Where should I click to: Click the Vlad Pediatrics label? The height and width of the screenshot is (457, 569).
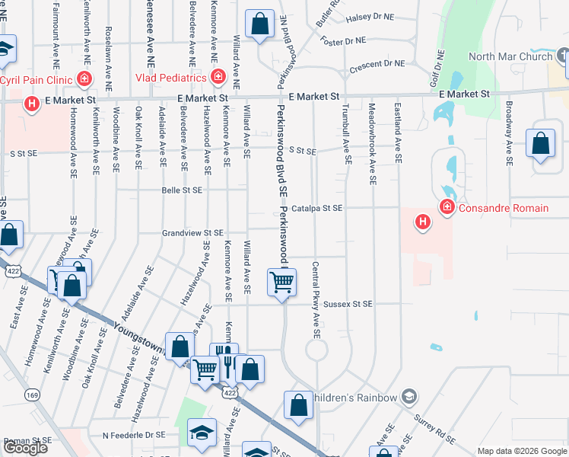point(171,78)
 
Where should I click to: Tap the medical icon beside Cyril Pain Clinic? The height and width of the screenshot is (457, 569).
point(84,79)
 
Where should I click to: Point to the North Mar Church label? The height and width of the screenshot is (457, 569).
point(510,56)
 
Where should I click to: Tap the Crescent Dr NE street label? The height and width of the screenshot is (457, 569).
point(377,67)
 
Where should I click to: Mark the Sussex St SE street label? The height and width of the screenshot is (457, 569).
point(348,304)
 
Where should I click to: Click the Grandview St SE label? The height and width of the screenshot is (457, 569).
point(192,233)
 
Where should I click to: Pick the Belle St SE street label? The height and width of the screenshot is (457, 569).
point(182,190)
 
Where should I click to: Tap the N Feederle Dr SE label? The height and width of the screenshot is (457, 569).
point(133,434)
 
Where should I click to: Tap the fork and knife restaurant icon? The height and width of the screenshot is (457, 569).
point(224,356)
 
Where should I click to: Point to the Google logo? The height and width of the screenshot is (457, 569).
point(24,448)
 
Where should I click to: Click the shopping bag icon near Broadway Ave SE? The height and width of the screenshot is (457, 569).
point(539,142)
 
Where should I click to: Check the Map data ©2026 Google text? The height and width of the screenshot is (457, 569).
point(522,451)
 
